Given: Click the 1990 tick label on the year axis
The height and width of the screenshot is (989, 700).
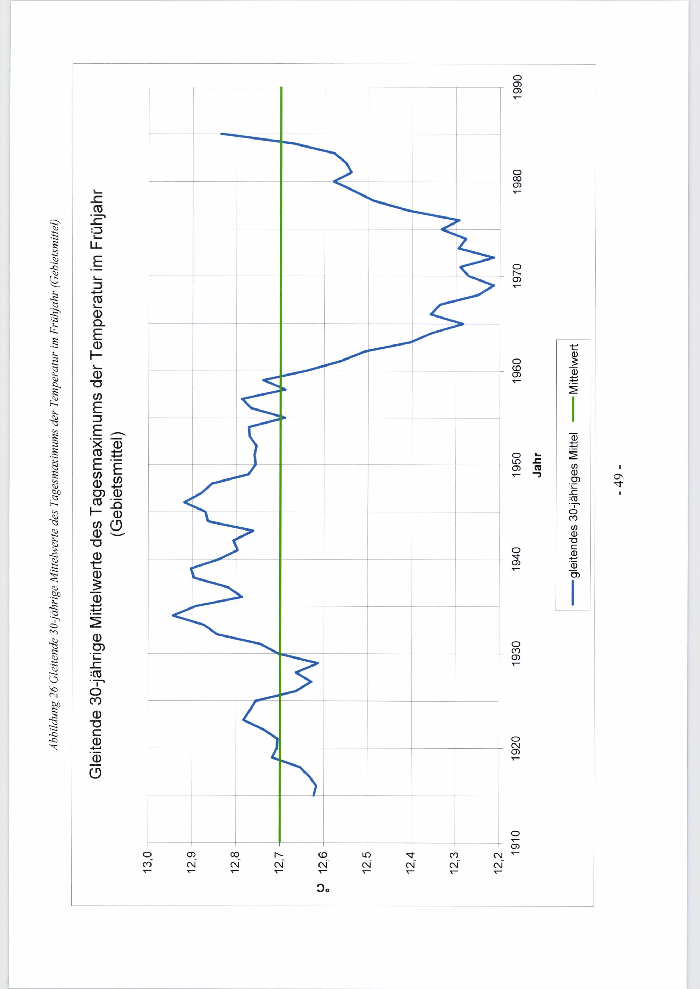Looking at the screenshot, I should coord(517,87).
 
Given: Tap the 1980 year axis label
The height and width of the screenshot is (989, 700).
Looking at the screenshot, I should coord(517,182).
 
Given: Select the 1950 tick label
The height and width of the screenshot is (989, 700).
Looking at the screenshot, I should coord(517,464).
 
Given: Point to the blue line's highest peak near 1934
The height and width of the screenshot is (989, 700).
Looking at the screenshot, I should coord(173,616).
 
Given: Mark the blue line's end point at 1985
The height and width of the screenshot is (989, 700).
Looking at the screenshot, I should coord(221,134).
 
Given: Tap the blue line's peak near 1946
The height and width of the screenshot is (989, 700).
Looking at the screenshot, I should coord(184,502).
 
